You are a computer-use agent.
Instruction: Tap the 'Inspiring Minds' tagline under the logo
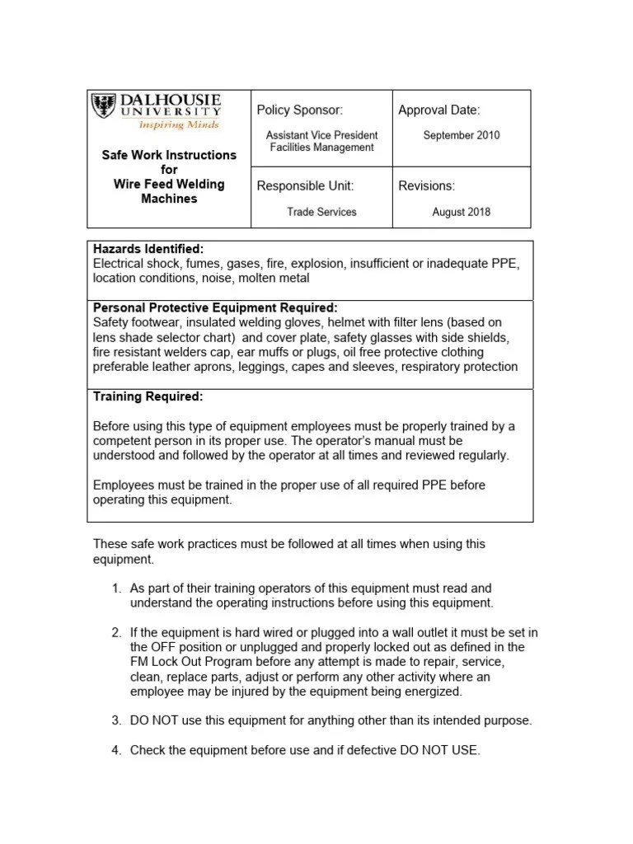(x=178, y=125)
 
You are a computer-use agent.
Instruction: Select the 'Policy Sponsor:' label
(x=299, y=110)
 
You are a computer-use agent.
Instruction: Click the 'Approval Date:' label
(x=438, y=110)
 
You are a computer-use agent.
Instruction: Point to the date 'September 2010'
(x=461, y=135)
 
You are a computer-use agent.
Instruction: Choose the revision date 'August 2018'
(x=461, y=212)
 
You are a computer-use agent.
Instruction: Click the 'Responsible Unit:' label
(x=305, y=186)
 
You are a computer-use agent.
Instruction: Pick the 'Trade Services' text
(x=321, y=212)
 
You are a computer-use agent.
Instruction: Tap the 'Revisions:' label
(x=426, y=186)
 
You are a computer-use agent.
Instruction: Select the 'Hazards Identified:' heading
(x=148, y=249)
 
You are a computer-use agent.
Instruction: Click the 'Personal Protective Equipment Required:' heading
(x=215, y=307)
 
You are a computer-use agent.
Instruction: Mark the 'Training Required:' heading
(x=148, y=396)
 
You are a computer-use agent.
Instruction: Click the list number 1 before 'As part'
(x=115, y=588)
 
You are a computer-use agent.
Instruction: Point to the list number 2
(x=115, y=633)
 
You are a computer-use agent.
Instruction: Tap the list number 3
(x=115, y=720)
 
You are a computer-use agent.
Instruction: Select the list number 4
(x=115, y=750)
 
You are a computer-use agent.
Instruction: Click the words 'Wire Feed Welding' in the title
(x=168, y=184)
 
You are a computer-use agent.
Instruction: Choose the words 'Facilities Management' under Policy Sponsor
(x=321, y=148)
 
